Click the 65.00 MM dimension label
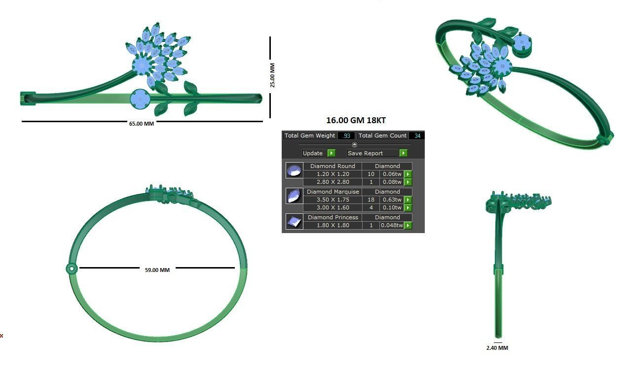point(141,124)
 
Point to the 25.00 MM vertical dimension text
point(272,75)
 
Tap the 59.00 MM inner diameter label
point(157,270)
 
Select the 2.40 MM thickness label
point(497,348)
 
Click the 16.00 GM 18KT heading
point(353,120)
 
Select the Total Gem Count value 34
point(417,136)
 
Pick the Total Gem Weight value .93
point(346,136)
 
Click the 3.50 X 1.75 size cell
point(333,200)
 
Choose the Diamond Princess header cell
point(333,217)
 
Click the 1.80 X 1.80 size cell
point(333,225)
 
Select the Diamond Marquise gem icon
point(294,196)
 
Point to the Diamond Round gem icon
point(294,170)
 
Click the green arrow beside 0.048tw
point(408,225)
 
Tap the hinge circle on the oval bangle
point(72,269)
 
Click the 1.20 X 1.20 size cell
point(333,174)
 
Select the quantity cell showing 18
point(370,200)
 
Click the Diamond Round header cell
point(333,166)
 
